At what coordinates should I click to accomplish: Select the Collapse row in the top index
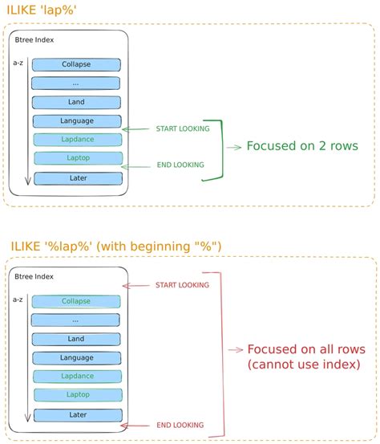pos(76,64)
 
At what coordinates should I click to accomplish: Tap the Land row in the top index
pos(76,102)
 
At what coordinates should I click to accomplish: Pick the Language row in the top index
pos(76,121)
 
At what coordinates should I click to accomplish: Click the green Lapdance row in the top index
pos(76,140)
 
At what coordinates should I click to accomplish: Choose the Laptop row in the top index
pos(76,159)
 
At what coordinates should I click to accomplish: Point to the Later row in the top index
pos(76,177)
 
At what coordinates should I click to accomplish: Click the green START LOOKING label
pos(184,128)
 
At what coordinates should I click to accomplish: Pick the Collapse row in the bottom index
pos(76,301)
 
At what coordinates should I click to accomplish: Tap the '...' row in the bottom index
pos(76,320)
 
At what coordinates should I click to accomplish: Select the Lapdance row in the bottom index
pos(76,377)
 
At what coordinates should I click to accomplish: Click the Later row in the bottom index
pos(76,414)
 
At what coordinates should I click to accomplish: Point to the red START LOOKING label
pos(184,285)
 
